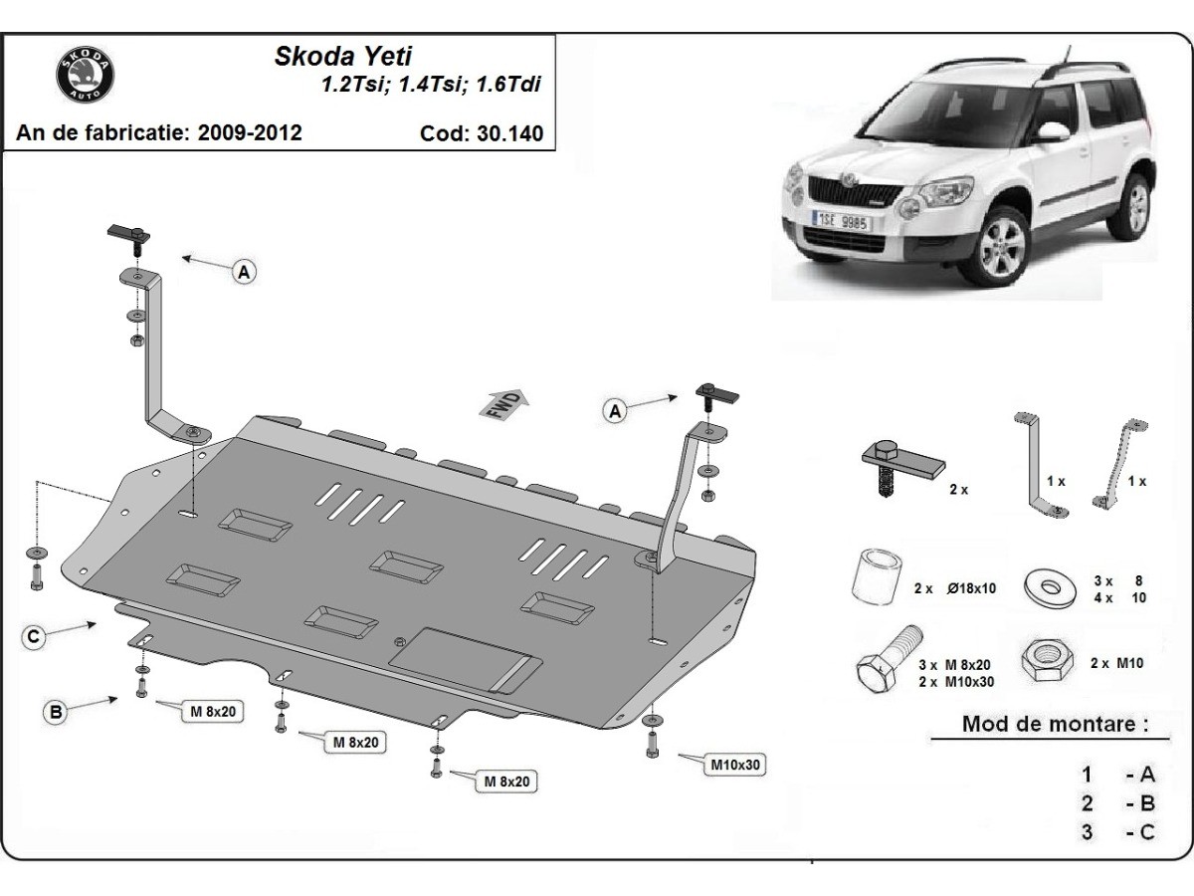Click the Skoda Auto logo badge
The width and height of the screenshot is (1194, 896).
(x=85, y=75)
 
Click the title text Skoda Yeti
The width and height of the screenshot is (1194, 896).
(x=343, y=57)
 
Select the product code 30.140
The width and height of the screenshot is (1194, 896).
(x=509, y=133)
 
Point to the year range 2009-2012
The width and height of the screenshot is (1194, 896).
(x=250, y=132)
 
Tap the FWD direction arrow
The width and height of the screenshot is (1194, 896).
(x=503, y=404)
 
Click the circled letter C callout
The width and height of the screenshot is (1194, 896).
(x=34, y=636)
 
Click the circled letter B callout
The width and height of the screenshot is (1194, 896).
(x=56, y=712)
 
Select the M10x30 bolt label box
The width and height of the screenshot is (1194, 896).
(x=735, y=765)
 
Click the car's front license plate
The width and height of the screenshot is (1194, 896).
(x=841, y=221)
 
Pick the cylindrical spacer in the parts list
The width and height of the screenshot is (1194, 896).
(x=876, y=577)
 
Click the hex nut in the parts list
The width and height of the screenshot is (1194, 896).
(x=1047, y=660)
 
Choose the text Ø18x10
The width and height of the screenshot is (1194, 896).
(x=971, y=588)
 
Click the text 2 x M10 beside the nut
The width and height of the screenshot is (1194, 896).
(x=1116, y=663)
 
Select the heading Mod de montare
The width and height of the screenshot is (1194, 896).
(x=1056, y=724)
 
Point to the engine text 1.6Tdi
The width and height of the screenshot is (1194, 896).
(x=508, y=85)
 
